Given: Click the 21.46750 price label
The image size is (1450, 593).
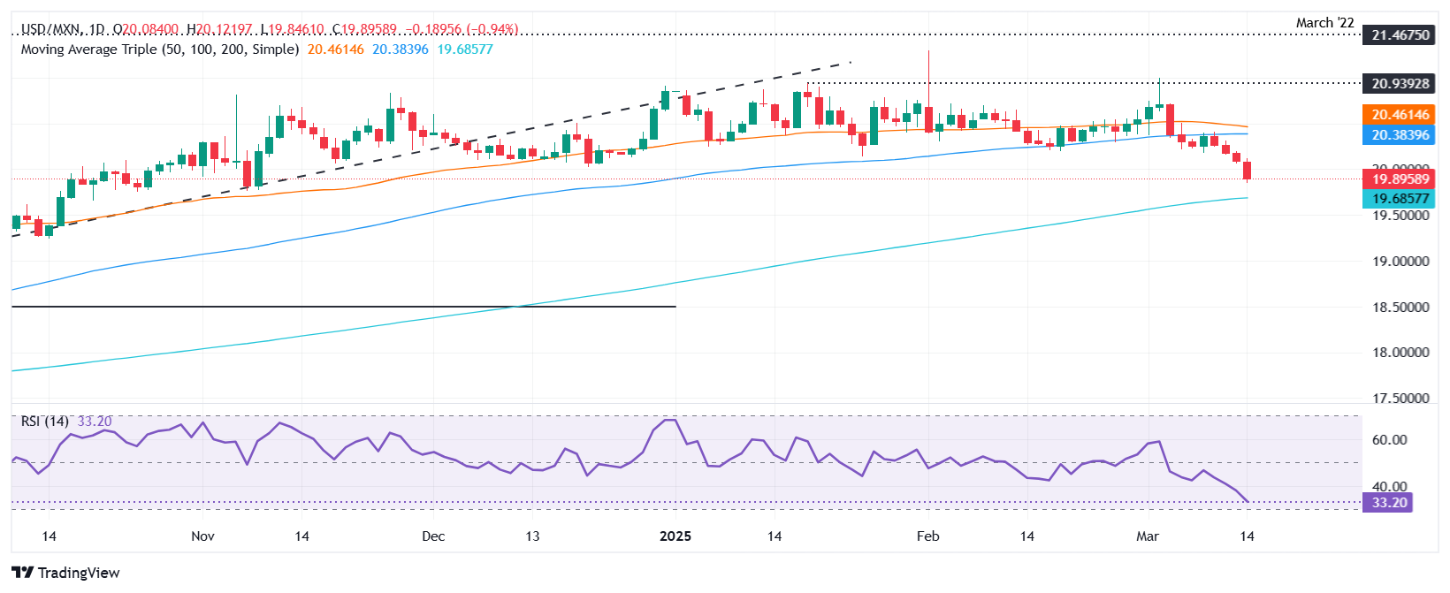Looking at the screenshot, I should (1399, 35).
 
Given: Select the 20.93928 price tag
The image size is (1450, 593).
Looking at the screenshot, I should (1399, 84).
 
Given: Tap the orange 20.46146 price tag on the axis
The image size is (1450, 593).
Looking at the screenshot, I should (1399, 115).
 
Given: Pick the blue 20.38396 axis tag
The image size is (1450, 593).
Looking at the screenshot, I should (1399, 135).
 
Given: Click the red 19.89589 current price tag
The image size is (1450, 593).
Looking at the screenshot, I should (1399, 179).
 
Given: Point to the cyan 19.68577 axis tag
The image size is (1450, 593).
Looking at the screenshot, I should (1399, 199).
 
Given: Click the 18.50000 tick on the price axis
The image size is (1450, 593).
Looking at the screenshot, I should (1400, 308).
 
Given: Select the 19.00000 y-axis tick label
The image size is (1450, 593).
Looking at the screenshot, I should (1400, 262).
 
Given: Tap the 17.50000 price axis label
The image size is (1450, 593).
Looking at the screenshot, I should (1400, 399).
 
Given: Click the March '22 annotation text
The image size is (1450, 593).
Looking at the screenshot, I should (1324, 23).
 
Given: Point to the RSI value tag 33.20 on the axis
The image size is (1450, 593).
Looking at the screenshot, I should (1388, 503).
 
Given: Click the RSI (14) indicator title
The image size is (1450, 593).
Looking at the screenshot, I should (45, 422).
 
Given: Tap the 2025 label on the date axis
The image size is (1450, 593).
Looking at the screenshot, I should (675, 536).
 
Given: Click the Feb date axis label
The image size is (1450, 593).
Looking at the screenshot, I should (927, 536).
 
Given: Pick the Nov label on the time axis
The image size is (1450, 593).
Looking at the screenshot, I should (202, 536).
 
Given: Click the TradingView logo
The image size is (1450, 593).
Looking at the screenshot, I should (65, 573).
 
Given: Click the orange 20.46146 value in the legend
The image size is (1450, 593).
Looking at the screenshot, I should (335, 49).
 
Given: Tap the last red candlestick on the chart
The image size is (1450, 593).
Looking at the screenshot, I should (1247, 170).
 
